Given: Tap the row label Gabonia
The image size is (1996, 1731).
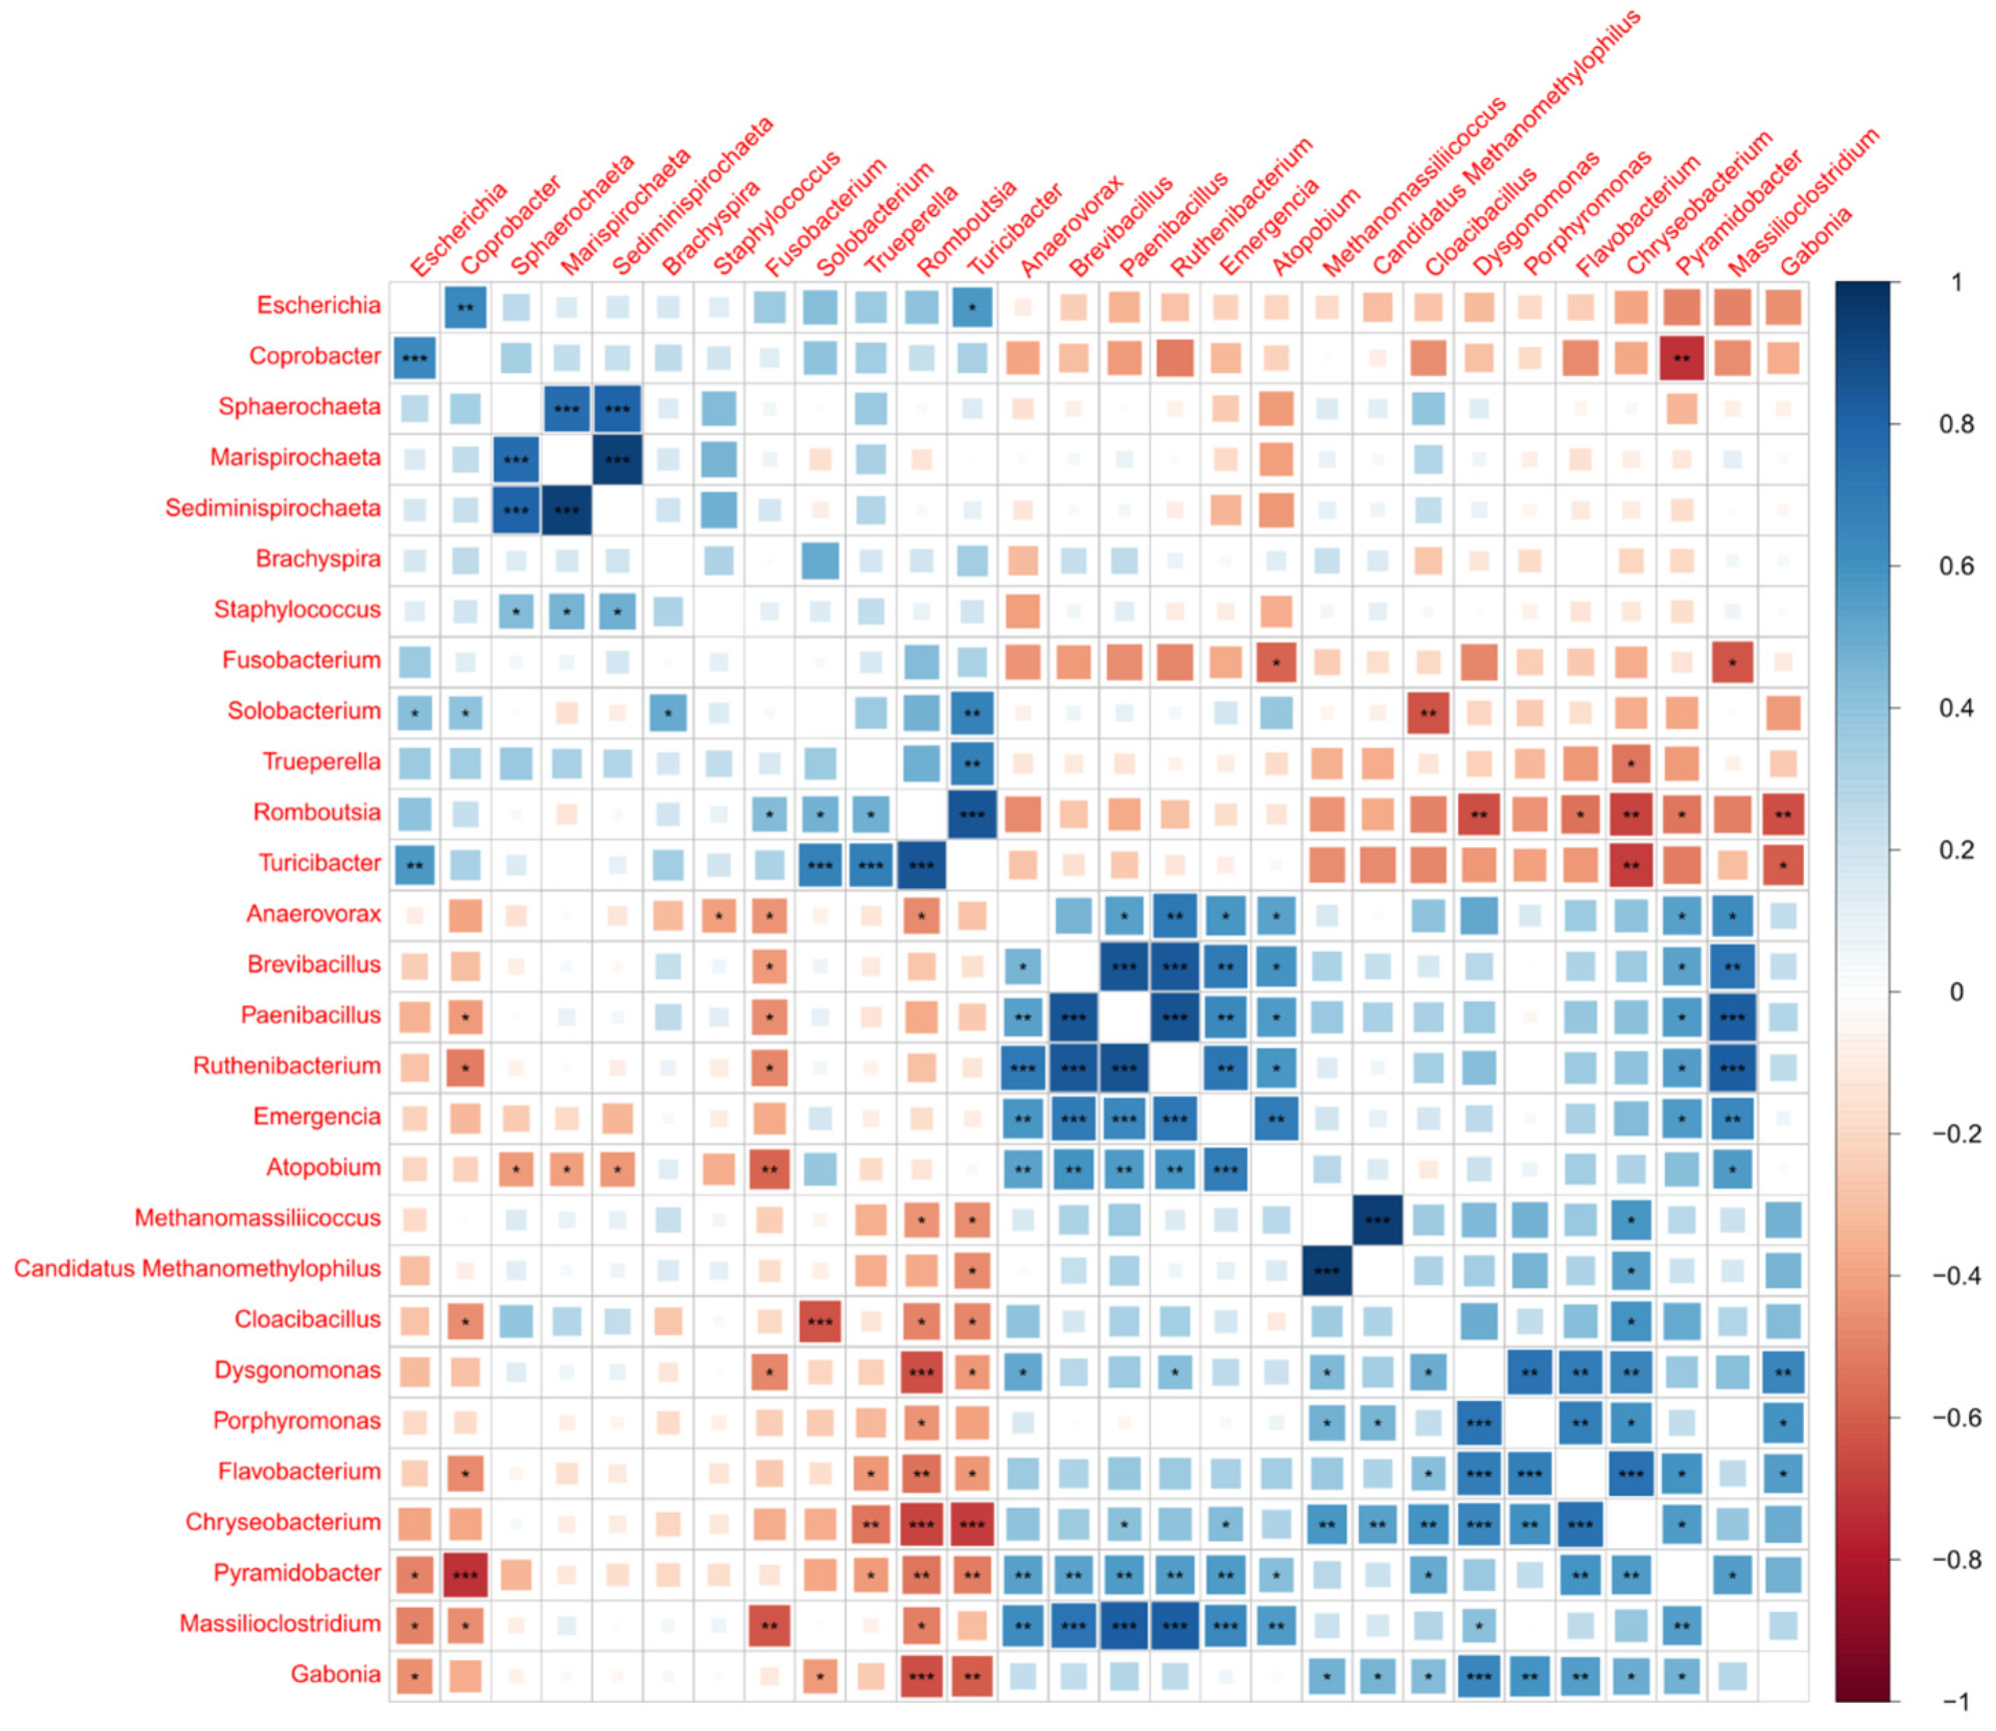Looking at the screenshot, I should [335, 1675].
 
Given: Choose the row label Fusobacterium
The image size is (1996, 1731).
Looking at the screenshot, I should [302, 661].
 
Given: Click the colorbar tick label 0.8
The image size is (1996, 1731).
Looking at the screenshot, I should [1956, 425].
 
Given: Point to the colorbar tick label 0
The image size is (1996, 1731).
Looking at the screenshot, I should [1956, 992].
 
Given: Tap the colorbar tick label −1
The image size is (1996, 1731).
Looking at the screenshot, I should [1955, 1702].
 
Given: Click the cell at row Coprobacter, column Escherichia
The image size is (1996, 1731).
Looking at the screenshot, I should [414, 358].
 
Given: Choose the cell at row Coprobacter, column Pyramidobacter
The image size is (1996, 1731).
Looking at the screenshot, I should [1681, 358].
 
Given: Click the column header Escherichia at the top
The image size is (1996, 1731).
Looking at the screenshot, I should [458, 232].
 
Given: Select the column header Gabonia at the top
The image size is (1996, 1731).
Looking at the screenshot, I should [1816, 242].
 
